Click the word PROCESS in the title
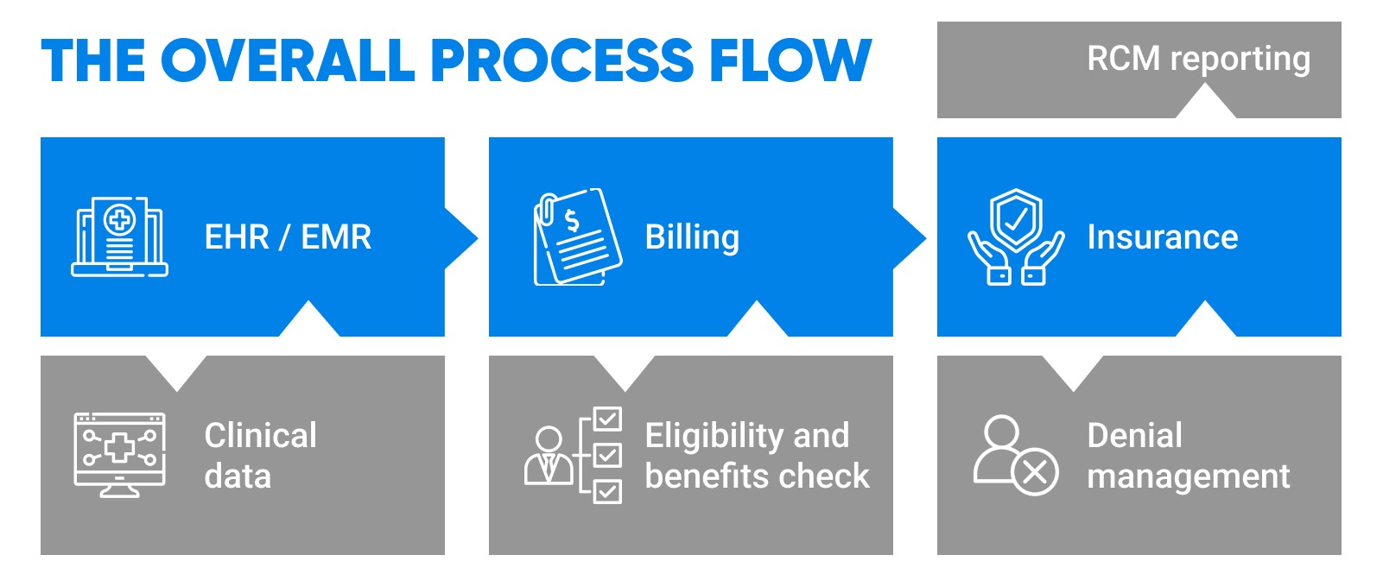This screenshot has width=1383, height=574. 561,60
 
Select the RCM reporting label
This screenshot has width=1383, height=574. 1198,59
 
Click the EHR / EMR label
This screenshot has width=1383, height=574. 288,237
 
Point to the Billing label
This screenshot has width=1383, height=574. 692,237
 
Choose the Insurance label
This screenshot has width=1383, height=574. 1162,237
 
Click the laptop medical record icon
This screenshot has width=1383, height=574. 119,237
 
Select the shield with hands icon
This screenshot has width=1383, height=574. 1016,237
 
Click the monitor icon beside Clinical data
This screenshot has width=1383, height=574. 119,454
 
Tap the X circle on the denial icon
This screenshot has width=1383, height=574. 1034,472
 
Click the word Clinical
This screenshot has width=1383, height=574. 260,435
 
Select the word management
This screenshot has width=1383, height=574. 1188,476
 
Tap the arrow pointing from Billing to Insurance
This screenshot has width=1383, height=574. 909,238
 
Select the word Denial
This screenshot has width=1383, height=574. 1134,435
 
